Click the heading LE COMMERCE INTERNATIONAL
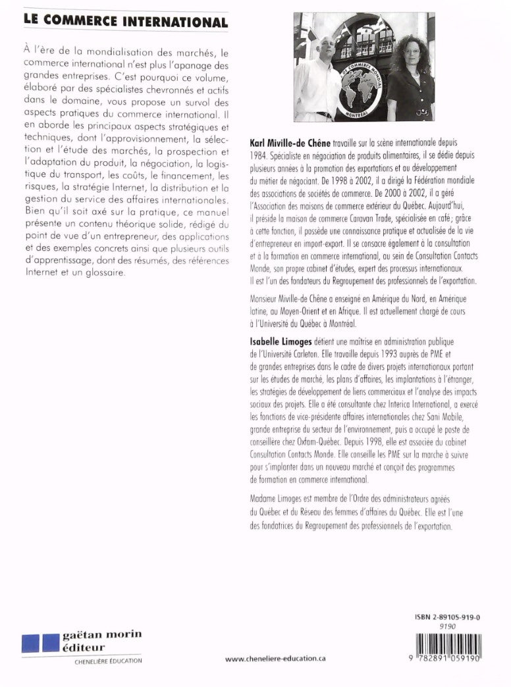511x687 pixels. pos(125,22)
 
